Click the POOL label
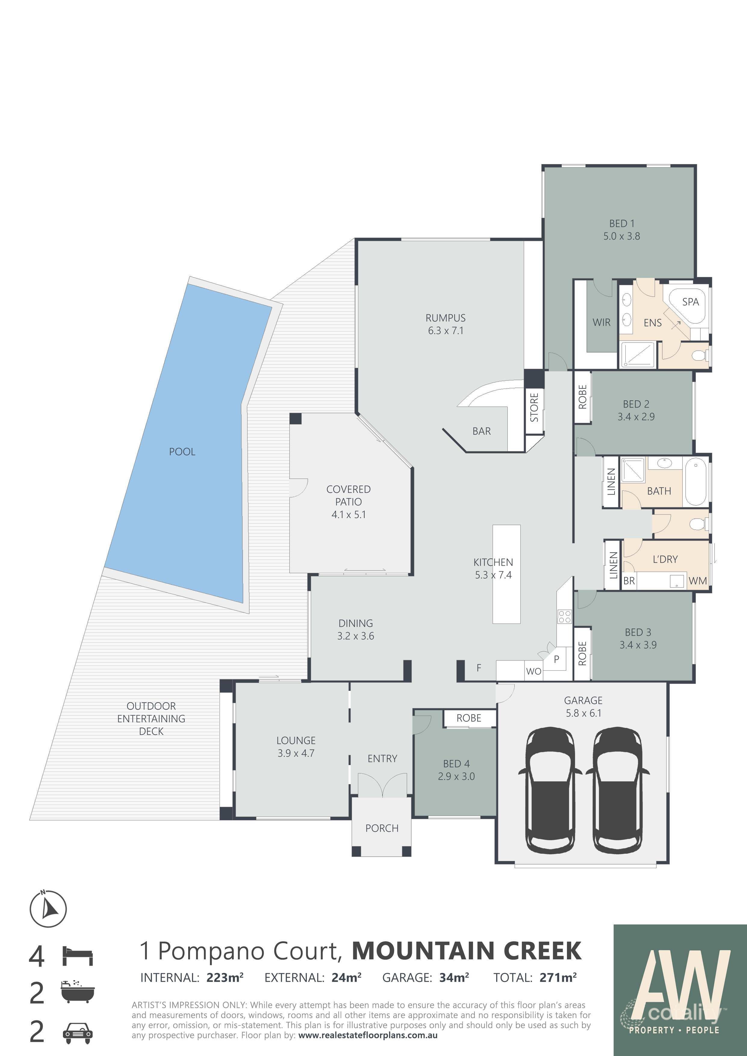click(182, 452)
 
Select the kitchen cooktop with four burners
click(564, 617)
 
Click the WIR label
click(601, 322)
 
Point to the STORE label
click(534, 408)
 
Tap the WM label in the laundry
click(697, 581)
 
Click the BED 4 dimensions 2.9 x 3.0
click(456, 776)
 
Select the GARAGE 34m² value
click(453, 978)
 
